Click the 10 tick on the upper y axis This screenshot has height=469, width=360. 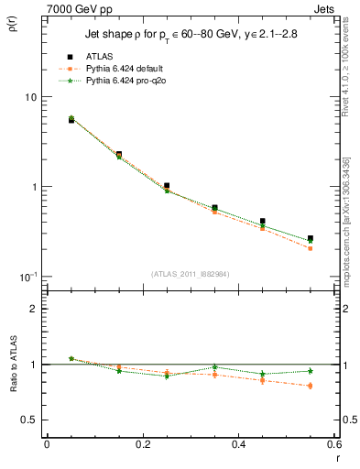click(30, 97)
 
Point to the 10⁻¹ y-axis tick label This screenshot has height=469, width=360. click(27, 277)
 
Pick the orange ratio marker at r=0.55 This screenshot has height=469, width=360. click(310, 386)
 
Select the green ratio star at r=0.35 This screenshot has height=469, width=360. click(214, 367)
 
